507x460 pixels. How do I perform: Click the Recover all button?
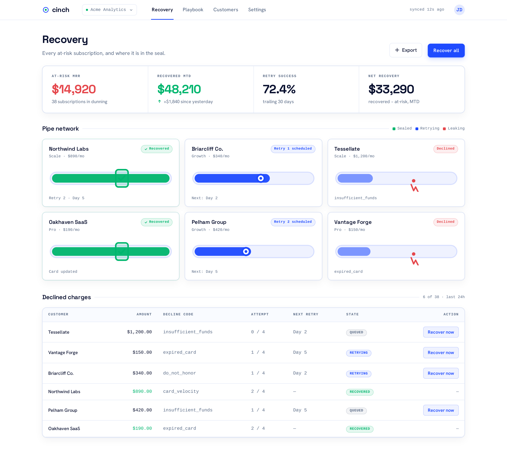446,51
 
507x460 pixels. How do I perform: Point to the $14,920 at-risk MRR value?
74,89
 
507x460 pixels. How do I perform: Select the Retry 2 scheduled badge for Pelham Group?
293,222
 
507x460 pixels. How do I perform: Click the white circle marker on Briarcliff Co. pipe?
261,178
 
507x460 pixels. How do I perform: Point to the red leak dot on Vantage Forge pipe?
414,254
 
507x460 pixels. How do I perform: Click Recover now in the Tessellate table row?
441,332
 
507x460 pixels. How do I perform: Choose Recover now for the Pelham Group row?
441,410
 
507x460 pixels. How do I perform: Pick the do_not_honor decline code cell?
179,373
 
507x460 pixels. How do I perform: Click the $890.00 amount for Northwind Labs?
142,392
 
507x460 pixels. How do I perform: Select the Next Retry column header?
306,314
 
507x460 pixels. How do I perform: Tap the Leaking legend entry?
453,128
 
